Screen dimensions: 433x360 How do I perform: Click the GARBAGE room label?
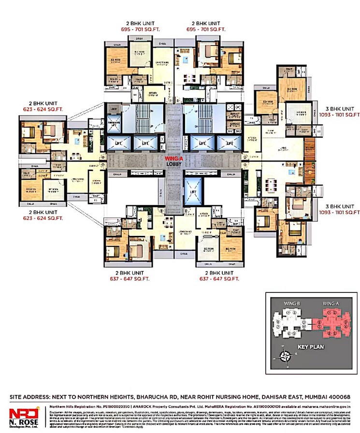tap(236, 124)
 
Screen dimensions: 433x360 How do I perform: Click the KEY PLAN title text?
tap(311, 346)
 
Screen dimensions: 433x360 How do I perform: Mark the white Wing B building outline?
tap(290, 323)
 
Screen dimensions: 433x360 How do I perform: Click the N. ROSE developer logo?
tap(24, 415)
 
